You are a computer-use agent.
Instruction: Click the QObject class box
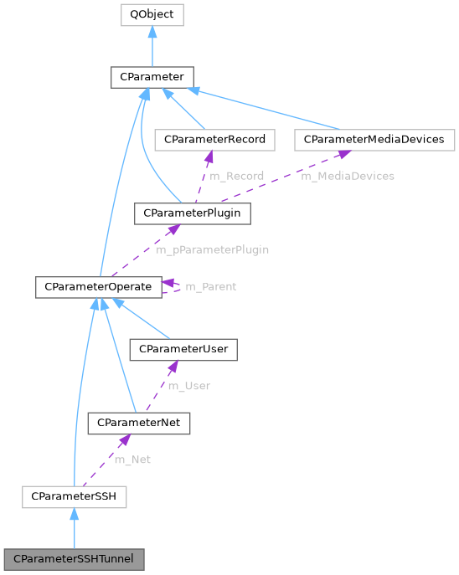pos(152,15)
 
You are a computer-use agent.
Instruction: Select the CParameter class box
pos(152,77)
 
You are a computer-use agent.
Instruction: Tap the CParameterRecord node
pos(215,139)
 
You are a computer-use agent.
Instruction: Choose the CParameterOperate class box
pos(98,286)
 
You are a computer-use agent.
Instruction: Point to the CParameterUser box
pos(183,348)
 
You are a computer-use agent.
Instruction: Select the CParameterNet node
pos(139,424)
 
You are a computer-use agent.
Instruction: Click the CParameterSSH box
pos(75,497)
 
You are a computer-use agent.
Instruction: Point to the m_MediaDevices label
pos(348,176)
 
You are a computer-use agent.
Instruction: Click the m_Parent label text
pos(210,286)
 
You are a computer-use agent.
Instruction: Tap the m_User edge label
pos(188,386)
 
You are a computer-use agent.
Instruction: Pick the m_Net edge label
pos(132,459)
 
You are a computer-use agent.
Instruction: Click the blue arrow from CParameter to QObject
pos(152,46)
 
